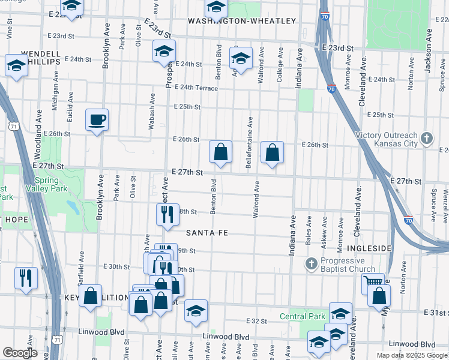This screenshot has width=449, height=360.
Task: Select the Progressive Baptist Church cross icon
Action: point(310,264)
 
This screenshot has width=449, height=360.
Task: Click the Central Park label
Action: point(303,316)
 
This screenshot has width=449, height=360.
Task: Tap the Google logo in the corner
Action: point(20,353)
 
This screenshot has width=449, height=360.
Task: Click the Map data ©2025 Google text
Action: point(411,355)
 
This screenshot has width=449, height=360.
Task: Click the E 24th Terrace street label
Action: point(196,88)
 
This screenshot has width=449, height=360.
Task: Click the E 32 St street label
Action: point(256,322)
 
